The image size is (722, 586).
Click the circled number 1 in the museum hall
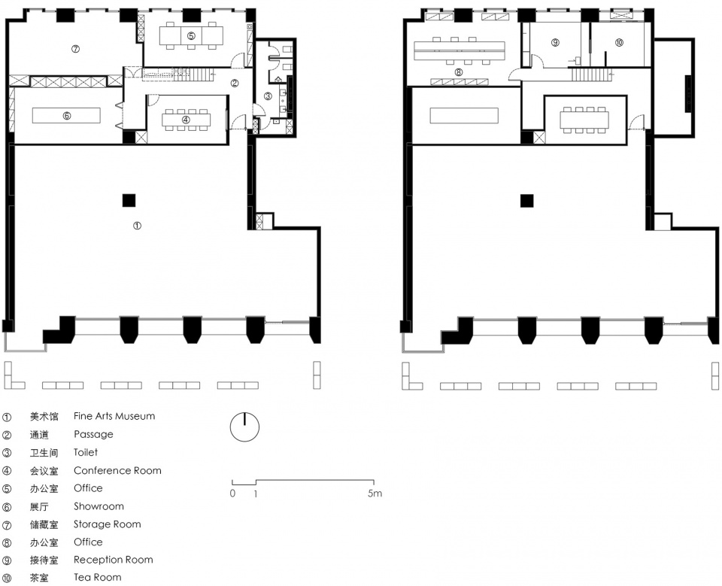pos(137,226)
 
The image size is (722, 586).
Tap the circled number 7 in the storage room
pos(75,49)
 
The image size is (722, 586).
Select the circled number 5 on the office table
pos(191,36)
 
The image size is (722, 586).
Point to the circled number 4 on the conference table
pos(186,120)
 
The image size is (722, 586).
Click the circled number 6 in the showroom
pos(67,116)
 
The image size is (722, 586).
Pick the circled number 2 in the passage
pos(235,83)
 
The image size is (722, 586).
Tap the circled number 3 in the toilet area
pos(268,96)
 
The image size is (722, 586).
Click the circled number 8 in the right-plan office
pos(458,72)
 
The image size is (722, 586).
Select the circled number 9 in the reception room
pos(555,42)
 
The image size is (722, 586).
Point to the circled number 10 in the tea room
pos(619,42)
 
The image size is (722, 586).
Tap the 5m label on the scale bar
pos(375,493)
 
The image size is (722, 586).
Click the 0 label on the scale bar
pos(232,493)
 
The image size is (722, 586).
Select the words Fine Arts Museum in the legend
pos(114,416)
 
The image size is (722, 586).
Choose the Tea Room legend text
pos(98,577)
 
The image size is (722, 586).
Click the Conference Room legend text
pos(117,470)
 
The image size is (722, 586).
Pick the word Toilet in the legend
pos(86,452)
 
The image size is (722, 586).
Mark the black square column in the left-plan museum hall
pos(129,201)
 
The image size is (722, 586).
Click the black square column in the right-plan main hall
pos(527,201)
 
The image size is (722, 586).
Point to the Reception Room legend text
pos(114,560)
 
